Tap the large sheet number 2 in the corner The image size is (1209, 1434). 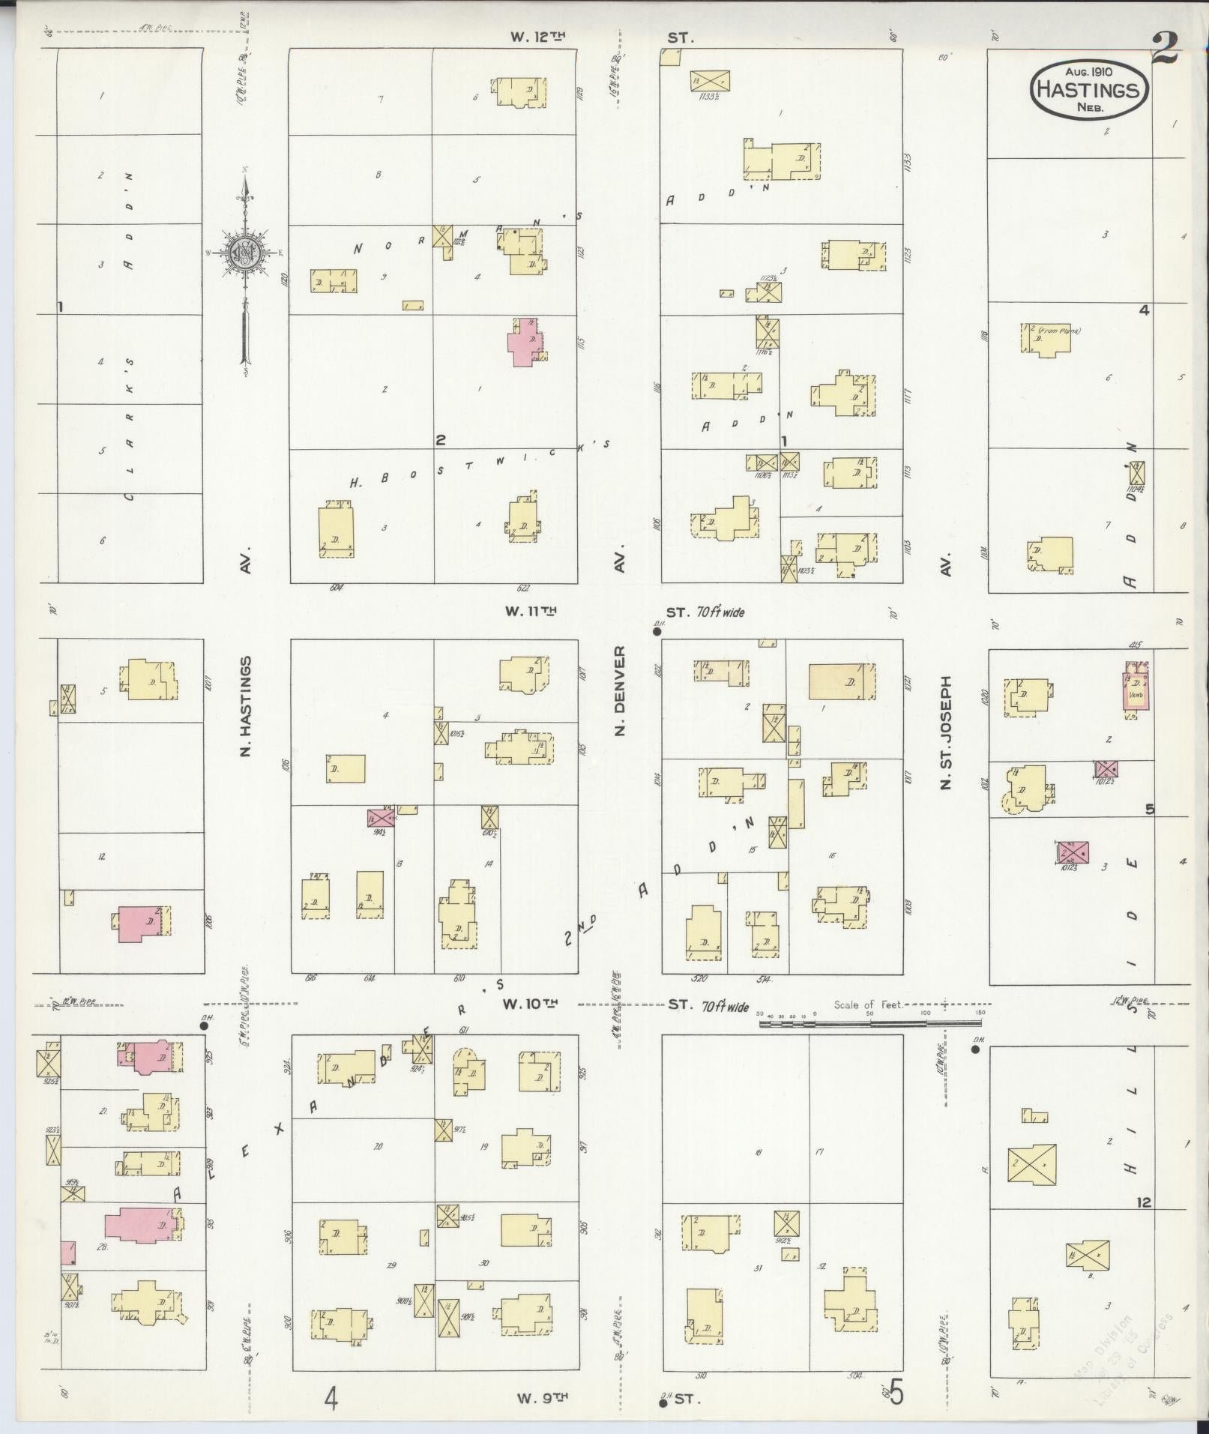1166,50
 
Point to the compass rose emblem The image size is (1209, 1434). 244,252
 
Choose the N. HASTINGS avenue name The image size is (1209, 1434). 245,706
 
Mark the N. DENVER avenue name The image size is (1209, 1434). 619,690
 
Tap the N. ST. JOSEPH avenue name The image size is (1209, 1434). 946,733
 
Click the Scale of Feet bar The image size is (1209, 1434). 869,1021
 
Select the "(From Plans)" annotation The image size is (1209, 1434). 1059,330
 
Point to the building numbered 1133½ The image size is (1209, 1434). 711,80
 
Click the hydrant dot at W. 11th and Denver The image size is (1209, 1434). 657,632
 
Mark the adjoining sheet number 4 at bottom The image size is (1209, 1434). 331,1397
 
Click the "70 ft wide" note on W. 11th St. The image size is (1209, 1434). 721,612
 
